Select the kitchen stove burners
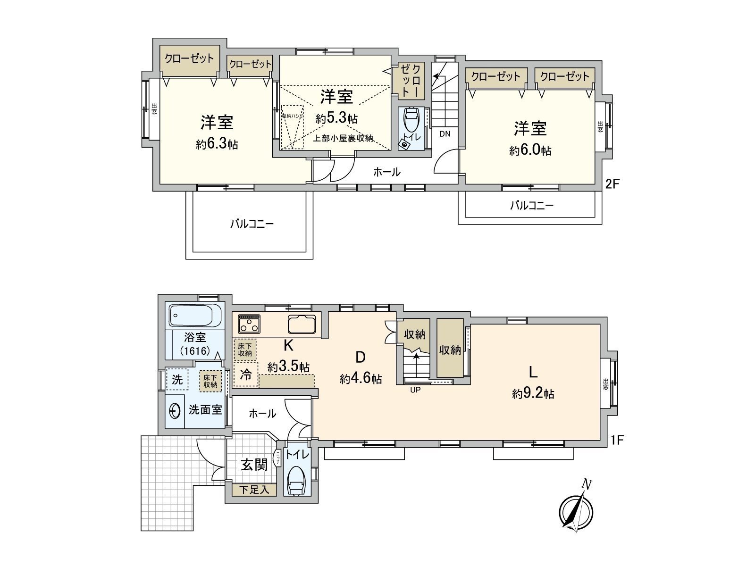coord(249,324)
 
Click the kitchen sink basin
coord(302,324)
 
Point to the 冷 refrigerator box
coord(246,375)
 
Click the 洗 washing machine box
coord(177,380)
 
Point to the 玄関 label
coord(254,465)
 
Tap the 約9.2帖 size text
coord(533,394)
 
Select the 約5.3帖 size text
coord(336,118)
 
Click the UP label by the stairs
coord(415,390)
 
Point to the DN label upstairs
coord(445,133)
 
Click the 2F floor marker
coord(612,184)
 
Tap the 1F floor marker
coord(617,440)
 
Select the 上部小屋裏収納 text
coord(344,139)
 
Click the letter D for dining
coord(360,358)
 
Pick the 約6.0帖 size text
coord(530,150)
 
